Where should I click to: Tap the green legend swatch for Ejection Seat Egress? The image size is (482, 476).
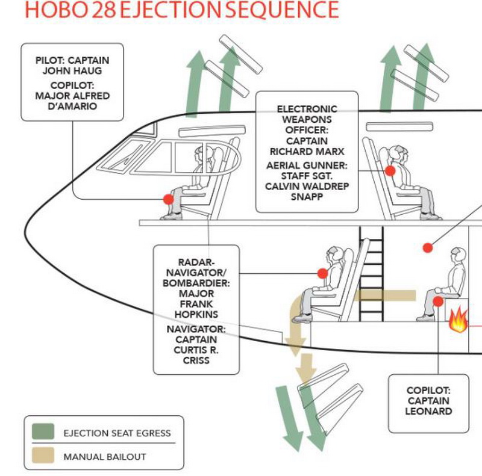click(x=43, y=433)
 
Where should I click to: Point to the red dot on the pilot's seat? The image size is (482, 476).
click(x=168, y=199)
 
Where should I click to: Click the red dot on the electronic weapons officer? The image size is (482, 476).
click(x=390, y=171)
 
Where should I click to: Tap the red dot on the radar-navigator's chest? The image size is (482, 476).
click(x=322, y=274)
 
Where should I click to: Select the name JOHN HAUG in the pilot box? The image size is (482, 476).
click(x=72, y=70)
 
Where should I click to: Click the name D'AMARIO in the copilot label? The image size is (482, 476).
click(x=72, y=106)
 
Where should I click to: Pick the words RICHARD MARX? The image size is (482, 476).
click(x=307, y=152)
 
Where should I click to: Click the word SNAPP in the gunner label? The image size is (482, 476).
click(x=307, y=197)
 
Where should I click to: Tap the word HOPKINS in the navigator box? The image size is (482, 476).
click(x=196, y=314)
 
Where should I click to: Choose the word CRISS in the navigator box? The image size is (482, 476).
click(x=196, y=360)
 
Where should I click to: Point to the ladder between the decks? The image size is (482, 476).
click(x=371, y=271)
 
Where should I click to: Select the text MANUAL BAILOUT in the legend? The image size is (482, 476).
click(x=105, y=457)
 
